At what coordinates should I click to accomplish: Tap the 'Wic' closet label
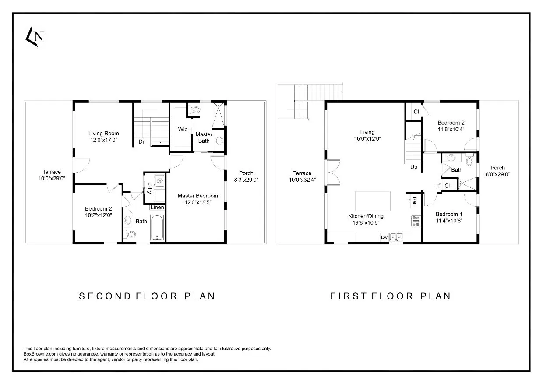pos(183,130)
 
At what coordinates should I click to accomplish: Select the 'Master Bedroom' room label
pos(197,196)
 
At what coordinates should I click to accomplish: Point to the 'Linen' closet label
pos(157,208)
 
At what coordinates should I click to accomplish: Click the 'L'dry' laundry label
pos(150,187)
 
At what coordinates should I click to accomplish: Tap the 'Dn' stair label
pos(142,141)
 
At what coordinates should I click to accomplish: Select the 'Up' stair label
pos(414,167)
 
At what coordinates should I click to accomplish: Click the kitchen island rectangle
pos(373,201)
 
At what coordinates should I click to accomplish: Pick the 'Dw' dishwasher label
pos(384,237)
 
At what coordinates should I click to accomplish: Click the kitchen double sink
pos(397,237)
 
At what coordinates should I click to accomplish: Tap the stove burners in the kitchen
pos(416,221)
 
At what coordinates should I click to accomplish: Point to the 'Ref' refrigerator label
pos(414,201)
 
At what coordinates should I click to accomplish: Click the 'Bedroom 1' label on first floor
pos(449,214)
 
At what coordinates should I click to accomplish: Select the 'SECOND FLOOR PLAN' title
pos(147,296)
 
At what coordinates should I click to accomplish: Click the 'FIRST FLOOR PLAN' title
pos(390,296)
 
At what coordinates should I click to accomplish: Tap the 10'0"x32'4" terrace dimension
pos(302,180)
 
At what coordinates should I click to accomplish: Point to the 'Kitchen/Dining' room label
pos(366,216)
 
